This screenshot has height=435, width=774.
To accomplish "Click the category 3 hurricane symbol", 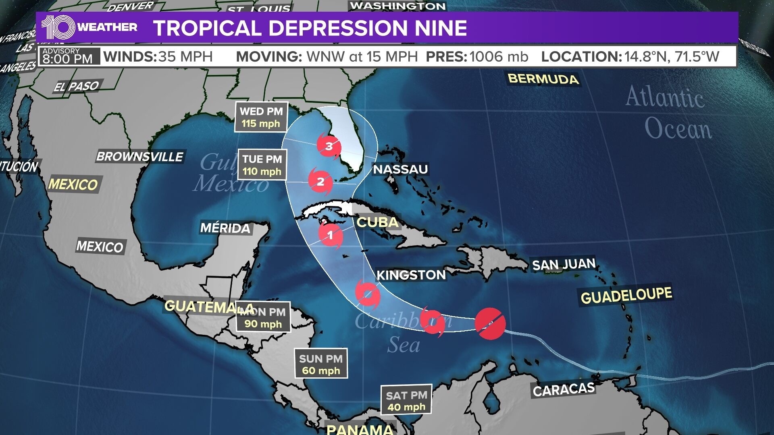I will coord(329,145).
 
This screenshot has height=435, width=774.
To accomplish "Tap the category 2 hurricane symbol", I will coord(320,181).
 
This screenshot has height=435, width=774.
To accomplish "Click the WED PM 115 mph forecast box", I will coord(261,117).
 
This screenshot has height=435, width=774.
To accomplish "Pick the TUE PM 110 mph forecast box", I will coord(262,165).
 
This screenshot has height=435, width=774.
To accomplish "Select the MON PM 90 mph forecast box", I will coord(263,317).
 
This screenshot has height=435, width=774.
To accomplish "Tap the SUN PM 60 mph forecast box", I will coord(321,364).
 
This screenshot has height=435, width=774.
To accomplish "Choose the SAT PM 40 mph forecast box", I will coord(406,401).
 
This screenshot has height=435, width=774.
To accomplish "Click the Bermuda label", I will coord(543,79).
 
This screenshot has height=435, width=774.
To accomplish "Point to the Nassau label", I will coord(400,169).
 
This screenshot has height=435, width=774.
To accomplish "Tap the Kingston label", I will coord(411,275).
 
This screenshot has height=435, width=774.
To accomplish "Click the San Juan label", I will coord(564,264).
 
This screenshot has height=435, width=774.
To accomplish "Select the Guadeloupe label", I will coord(626,296).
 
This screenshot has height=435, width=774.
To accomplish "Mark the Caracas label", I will coord(564,389).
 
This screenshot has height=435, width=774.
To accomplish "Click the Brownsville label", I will coord(140,156).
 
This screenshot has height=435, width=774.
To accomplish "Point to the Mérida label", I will coord(225,228).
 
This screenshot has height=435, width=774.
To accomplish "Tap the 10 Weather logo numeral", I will coord(58,27).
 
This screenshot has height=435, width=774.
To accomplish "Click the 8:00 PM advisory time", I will coord(68,59).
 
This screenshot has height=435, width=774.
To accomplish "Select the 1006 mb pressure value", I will coord(499,57).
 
